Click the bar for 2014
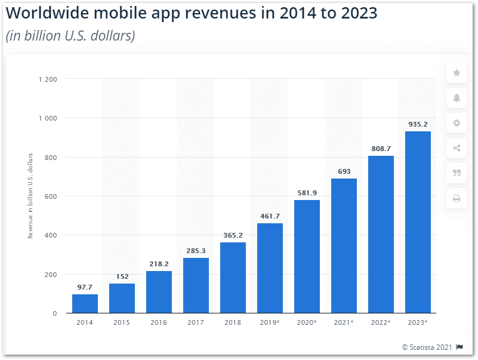(85, 304)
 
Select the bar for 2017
(196, 285)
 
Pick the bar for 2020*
(307, 257)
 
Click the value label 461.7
(270, 216)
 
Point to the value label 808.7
(381, 148)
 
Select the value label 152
(122, 276)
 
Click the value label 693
(344, 171)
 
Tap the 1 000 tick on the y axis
(48, 118)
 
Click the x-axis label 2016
(159, 323)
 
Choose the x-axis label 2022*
(381, 323)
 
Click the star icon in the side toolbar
(457, 73)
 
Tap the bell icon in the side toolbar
(457, 98)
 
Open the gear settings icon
(457, 123)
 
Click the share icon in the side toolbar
(457, 148)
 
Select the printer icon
(457, 198)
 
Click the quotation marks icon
(457, 173)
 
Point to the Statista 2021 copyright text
(427, 347)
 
